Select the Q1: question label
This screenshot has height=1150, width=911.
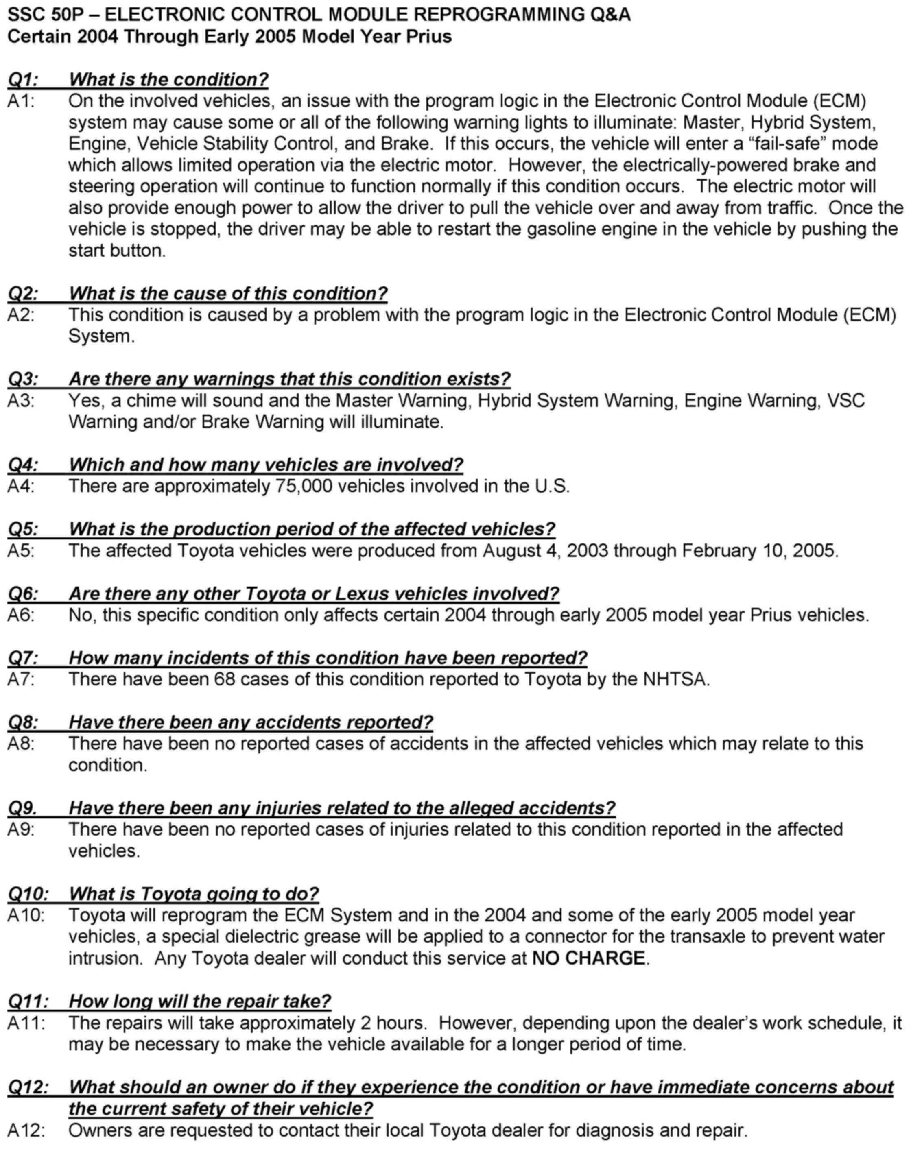pyautogui.click(x=23, y=79)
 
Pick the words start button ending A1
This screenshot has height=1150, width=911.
pyautogui.click(x=117, y=251)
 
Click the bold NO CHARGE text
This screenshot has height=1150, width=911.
pyautogui.click(x=588, y=958)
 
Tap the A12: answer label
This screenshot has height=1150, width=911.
pyautogui.click(x=26, y=1130)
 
